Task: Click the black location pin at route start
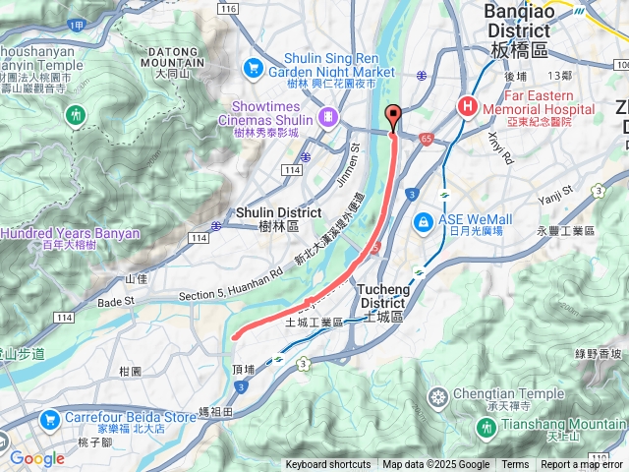393,116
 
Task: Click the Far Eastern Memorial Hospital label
535,103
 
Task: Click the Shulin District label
279,218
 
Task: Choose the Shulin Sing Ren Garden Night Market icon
255,68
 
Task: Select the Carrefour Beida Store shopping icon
50,416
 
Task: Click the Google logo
36,458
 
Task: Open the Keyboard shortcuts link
328,465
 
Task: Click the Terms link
515,465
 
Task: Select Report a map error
581,465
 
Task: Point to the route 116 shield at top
229,9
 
